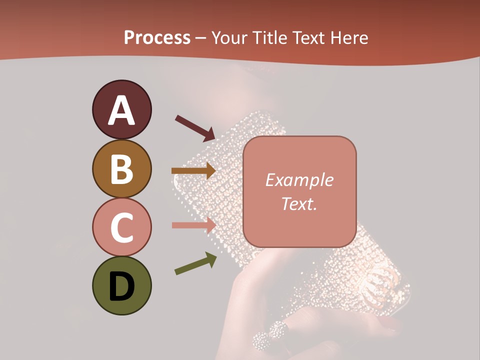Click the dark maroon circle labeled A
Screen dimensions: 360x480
(x=121, y=109)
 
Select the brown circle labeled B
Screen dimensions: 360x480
(x=121, y=168)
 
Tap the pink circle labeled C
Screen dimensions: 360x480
(x=121, y=227)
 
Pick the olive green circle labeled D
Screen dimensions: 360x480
(x=121, y=286)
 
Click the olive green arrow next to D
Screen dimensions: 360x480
(x=195, y=263)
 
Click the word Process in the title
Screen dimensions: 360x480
(x=157, y=38)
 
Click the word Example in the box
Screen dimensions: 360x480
(x=299, y=180)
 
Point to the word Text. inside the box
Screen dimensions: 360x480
(x=299, y=203)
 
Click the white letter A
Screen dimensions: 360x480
(x=121, y=110)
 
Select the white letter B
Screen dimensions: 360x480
(x=121, y=169)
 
